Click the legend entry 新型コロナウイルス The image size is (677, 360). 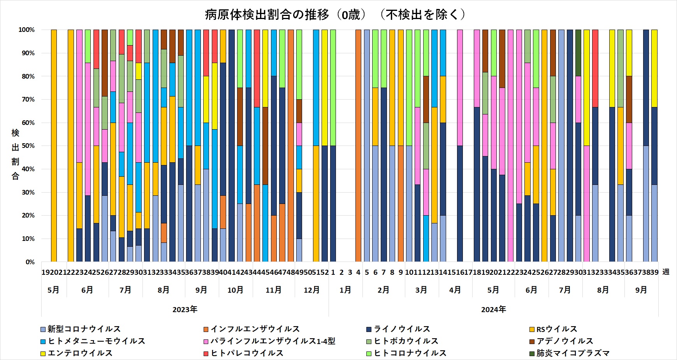(x=84, y=329)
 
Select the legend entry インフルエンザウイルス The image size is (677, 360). (x=255, y=329)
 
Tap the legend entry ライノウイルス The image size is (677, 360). (x=402, y=329)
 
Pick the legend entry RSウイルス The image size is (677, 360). (x=557, y=329)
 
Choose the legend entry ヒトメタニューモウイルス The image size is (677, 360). (x=96, y=341)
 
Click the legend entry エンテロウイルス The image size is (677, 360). (x=80, y=353)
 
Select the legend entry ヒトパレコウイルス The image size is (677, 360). (x=247, y=353)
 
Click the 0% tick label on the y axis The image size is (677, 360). (x=30, y=262)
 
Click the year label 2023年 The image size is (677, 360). (x=185, y=310)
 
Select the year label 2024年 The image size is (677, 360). (x=493, y=310)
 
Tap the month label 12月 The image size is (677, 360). (x=311, y=290)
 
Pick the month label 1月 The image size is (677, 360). (x=345, y=290)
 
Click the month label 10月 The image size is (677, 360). (x=235, y=290)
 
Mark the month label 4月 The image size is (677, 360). (x=455, y=290)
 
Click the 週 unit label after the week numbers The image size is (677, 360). (x=666, y=272)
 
